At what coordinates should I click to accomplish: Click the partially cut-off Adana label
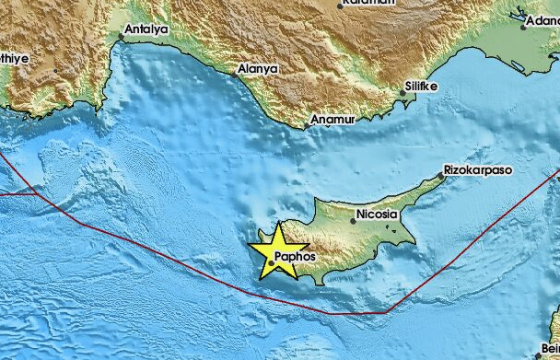(541, 18)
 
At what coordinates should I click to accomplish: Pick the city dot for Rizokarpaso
(441, 179)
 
